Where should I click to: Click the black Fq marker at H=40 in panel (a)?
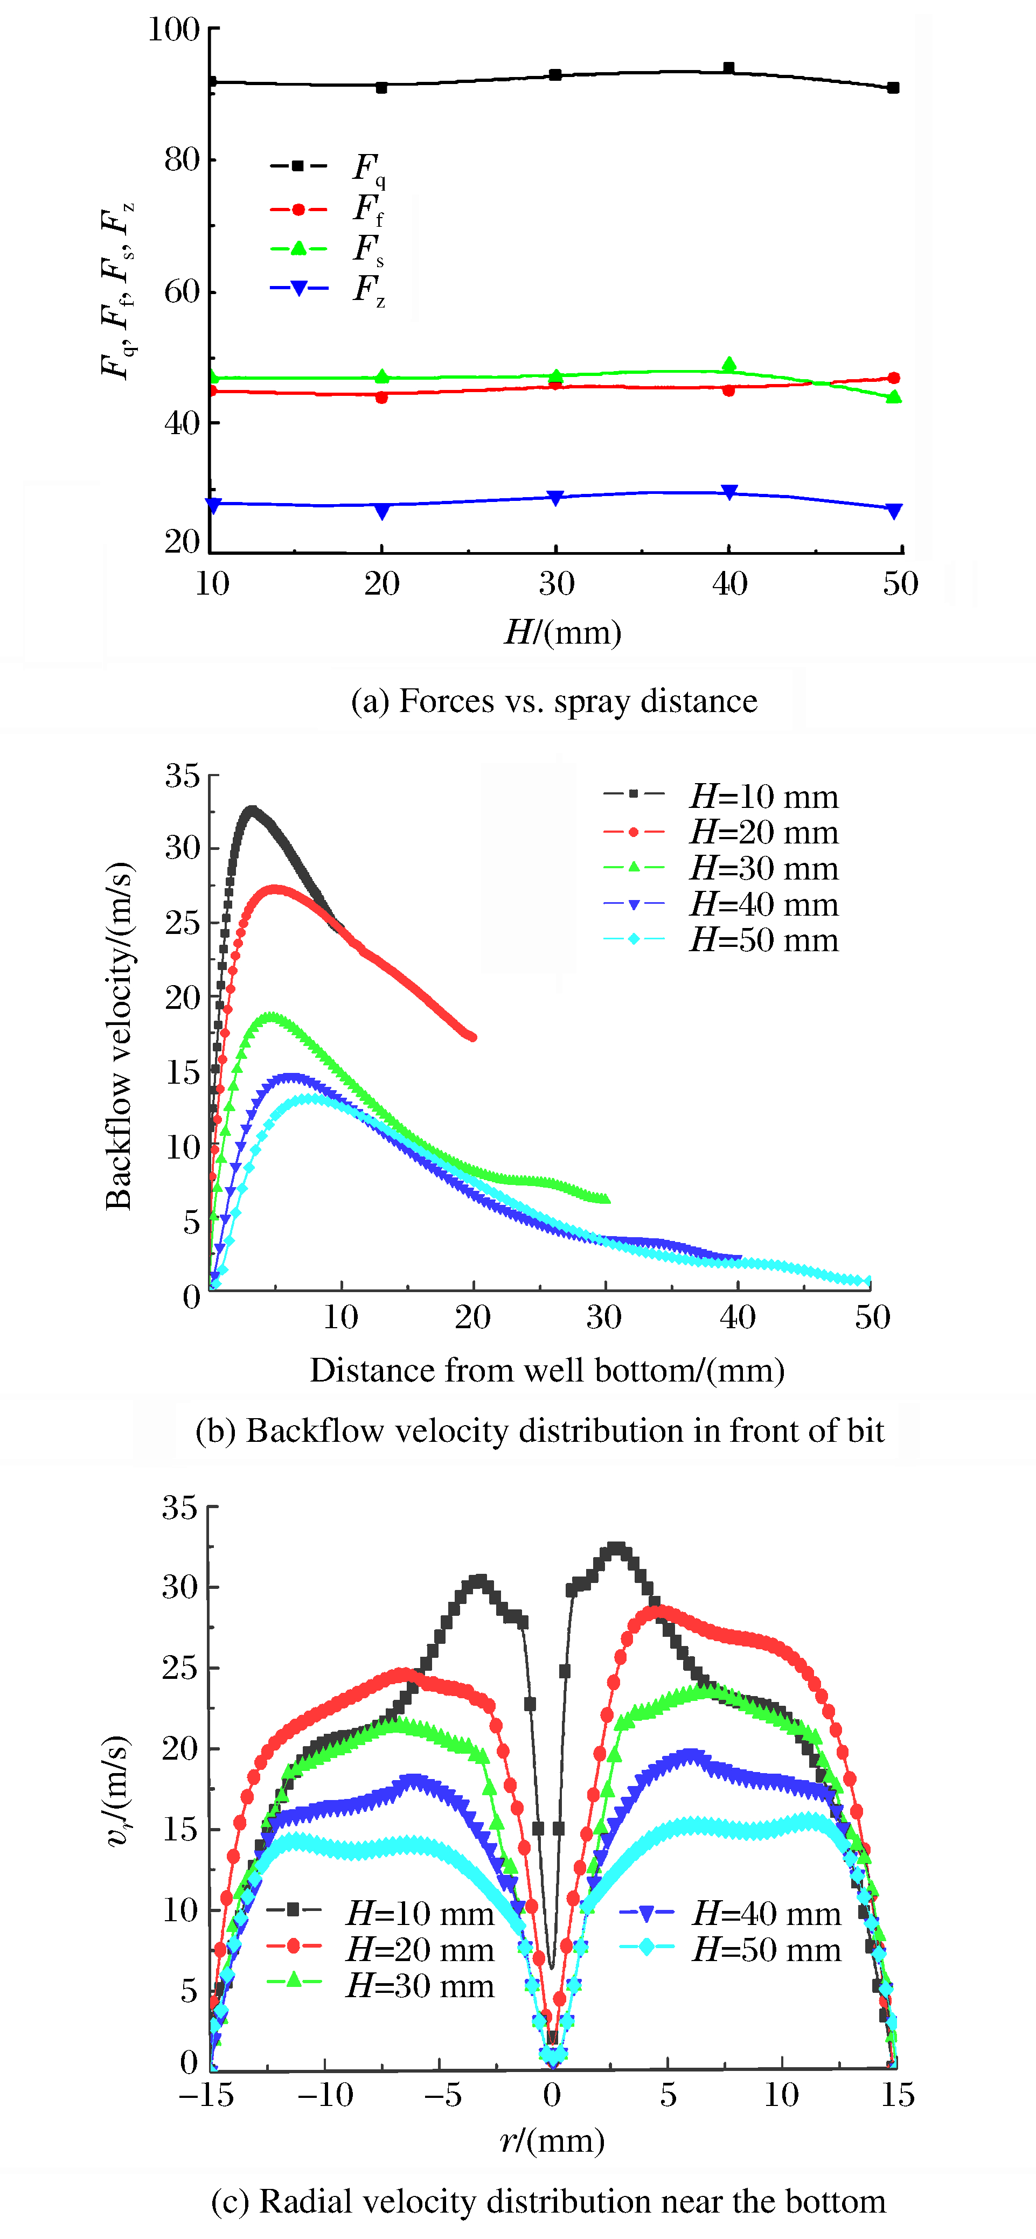pos(729,68)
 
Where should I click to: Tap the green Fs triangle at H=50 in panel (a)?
pos(893,397)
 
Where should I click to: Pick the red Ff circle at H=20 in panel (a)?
pos(381,397)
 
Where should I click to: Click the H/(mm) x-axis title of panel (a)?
pos(563,632)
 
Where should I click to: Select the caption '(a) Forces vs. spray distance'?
pos(554,701)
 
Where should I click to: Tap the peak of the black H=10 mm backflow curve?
pos(252,810)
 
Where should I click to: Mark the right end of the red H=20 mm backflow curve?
pos(472,1036)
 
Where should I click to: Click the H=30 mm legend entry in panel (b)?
pos(721,868)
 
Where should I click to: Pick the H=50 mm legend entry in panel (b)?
pos(721,939)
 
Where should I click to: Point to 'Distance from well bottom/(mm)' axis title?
pos(547,1371)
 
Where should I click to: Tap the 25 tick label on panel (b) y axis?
pos(183,923)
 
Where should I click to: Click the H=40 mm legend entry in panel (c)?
pos(730,1913)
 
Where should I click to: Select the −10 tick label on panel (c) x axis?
pos(325,2095)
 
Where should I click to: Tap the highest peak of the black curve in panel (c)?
pos(616,1549)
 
